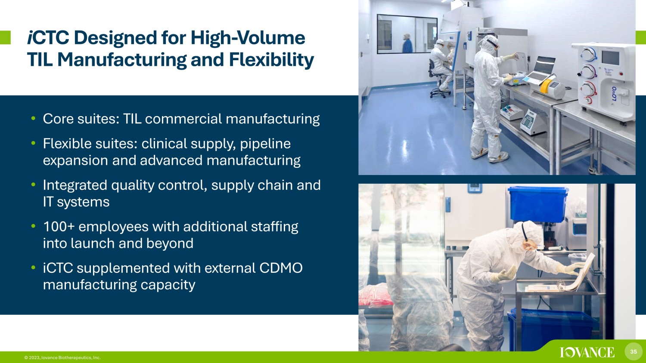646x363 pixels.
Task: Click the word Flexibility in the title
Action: pyautogui.click(x=271, y=60)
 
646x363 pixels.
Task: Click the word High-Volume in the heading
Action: pyautogui.click(x=248, y=38)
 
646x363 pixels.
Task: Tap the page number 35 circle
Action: pyautogui.click(x=634, y=351)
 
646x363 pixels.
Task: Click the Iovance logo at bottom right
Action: pyautogui.click(x=587, y=352)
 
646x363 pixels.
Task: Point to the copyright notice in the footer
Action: pyautogui.click(x=62, y=357)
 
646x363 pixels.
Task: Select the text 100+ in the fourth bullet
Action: pyautogui.click(x=59, y=227)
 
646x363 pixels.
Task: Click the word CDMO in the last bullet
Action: pyautogui.click(x=281, y=268)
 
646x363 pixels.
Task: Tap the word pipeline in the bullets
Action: pyautogui.click(x=265, y=144)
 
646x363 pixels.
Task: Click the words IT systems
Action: pyautogui.click(x=76, y=202)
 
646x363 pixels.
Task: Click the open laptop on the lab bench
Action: pyautogui.click(x=539, y=70)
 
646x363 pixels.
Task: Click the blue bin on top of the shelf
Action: pyautogui.click(x=538, y=204)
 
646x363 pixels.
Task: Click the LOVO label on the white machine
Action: pyautogui.click(x=614, y=93)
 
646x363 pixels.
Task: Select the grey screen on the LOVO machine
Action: pyautogui.click(x=610, y=58)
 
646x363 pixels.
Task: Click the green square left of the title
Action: pyautogui.click(x=5, y=37)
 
